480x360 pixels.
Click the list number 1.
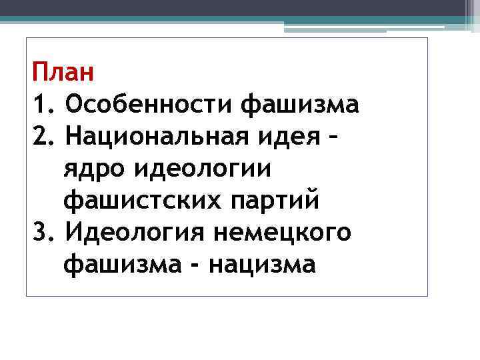[x=39, y=104]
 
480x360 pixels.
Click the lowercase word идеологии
[x=203, y=169]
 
